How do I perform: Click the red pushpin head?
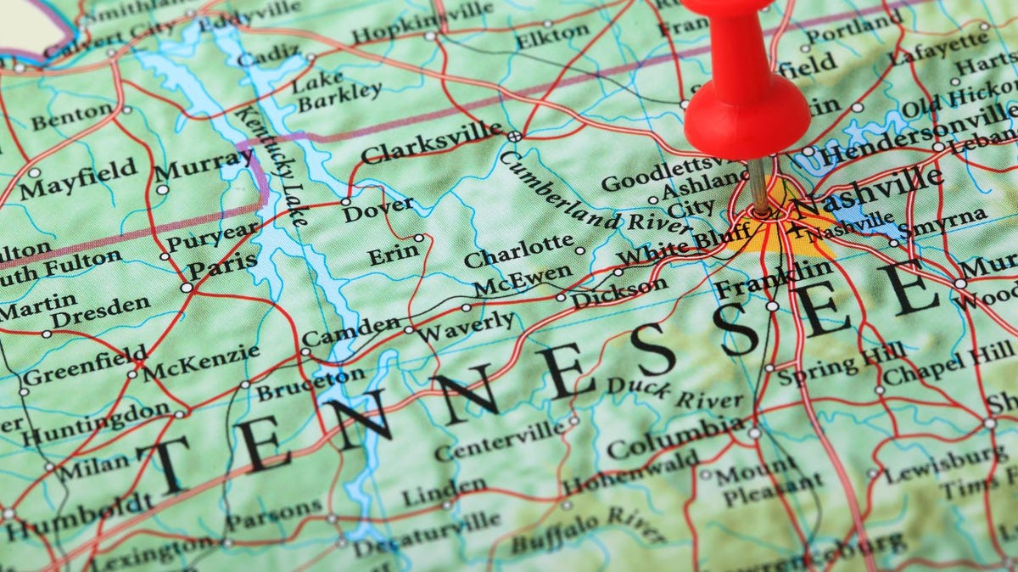[747, 115]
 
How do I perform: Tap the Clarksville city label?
[431, 142]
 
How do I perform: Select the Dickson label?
[618, 294]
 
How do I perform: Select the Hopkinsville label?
[422, 23]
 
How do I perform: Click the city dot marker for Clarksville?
[514, 136]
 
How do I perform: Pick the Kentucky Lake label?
[272, 165]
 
